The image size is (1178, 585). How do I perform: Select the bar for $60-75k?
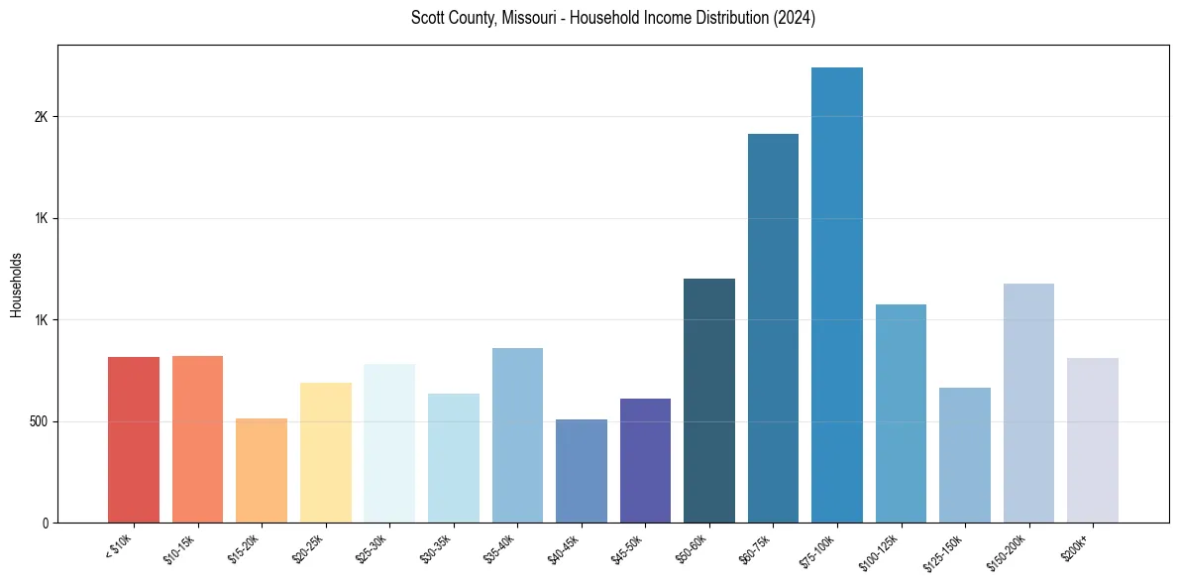coord(773,327)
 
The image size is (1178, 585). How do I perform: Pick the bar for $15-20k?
coord(262,470)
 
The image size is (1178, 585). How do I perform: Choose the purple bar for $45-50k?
coord(645,460)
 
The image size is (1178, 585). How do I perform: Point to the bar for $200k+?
coord(1093,440)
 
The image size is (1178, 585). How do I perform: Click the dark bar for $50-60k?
coord(709,401)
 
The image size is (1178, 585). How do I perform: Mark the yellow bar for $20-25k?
coord(326,452)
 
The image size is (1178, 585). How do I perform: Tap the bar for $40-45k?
coord(582,471)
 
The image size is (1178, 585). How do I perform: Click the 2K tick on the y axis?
coord(41,117)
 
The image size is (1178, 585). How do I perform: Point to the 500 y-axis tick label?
coord(39,421)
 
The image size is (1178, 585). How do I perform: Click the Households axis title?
coord(16,284)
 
